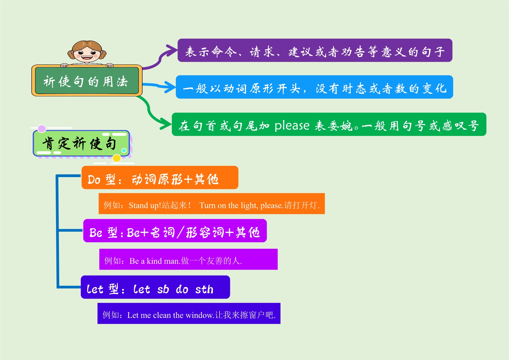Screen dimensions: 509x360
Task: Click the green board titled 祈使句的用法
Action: point(87,80)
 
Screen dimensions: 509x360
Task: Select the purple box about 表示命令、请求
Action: point(315,50)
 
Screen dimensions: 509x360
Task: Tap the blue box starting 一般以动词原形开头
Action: point(314,87)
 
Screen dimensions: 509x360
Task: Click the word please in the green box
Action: point(292,126)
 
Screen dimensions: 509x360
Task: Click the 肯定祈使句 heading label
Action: point(81,143)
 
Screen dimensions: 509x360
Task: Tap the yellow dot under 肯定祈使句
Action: point(117,158)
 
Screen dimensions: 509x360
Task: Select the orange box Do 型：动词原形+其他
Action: point(160,178)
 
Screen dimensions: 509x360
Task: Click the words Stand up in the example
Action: point(144,206)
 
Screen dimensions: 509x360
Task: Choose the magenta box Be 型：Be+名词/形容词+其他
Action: point(175,231)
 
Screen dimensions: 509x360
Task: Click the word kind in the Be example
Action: point(154,261)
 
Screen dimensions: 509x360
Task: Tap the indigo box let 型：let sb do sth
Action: point(155,287)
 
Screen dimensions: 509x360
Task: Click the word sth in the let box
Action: point(204,289)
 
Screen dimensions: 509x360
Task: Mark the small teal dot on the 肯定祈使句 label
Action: point(124,150)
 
